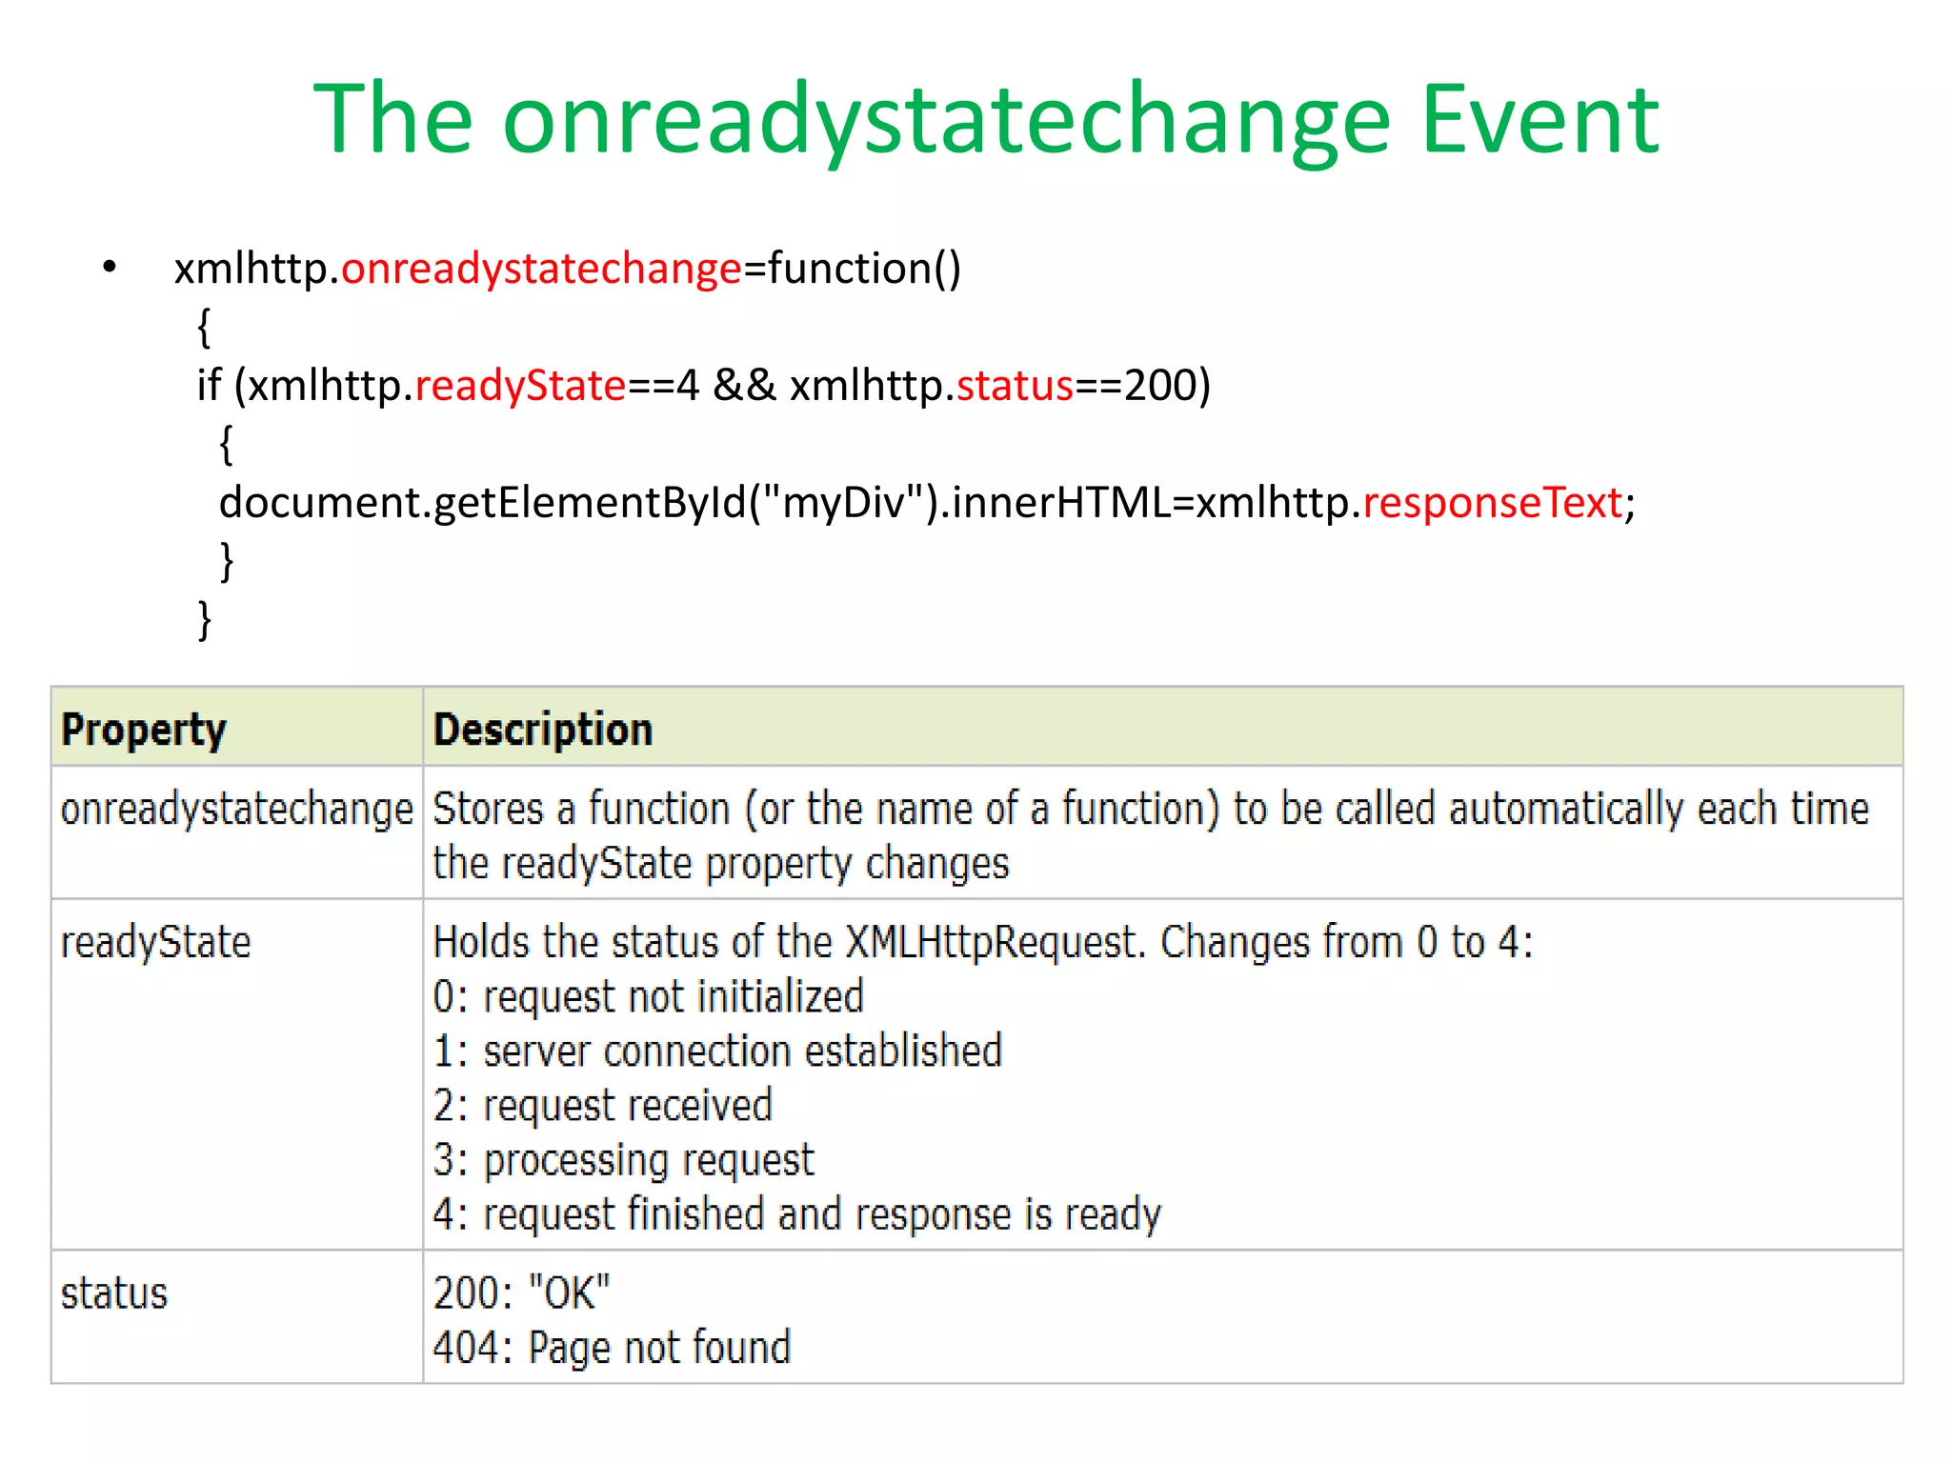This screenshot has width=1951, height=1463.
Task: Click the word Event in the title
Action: (x=1539, y=120)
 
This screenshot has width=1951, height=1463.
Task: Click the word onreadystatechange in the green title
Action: (x=946, y=122)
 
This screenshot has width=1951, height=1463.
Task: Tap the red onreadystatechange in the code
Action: (x=541, y=269)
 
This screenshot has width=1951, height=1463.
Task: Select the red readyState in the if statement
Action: (x=520, y=386)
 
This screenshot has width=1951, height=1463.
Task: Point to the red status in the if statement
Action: (x=1015, y=386)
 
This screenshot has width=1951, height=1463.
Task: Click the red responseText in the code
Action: (x=1492, y=503)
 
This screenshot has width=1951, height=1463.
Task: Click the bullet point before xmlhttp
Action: (x=110, y=268)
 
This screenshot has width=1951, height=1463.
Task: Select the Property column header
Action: (x=144, y=730)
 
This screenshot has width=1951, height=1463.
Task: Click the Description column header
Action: (x=543, y=730)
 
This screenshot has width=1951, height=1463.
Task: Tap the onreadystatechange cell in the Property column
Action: (x=236, y=810)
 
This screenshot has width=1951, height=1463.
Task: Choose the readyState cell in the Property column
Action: (x=155, y=943)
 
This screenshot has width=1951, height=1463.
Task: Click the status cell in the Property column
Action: (x=114, y=1294)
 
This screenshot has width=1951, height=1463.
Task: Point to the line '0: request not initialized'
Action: (x=648, y=997)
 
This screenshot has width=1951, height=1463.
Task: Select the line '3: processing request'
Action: (x=623, y=1161)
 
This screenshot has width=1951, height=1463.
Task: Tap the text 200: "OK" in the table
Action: (x=521, y=1294)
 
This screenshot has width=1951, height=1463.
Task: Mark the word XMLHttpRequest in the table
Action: (x=992, y=943)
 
